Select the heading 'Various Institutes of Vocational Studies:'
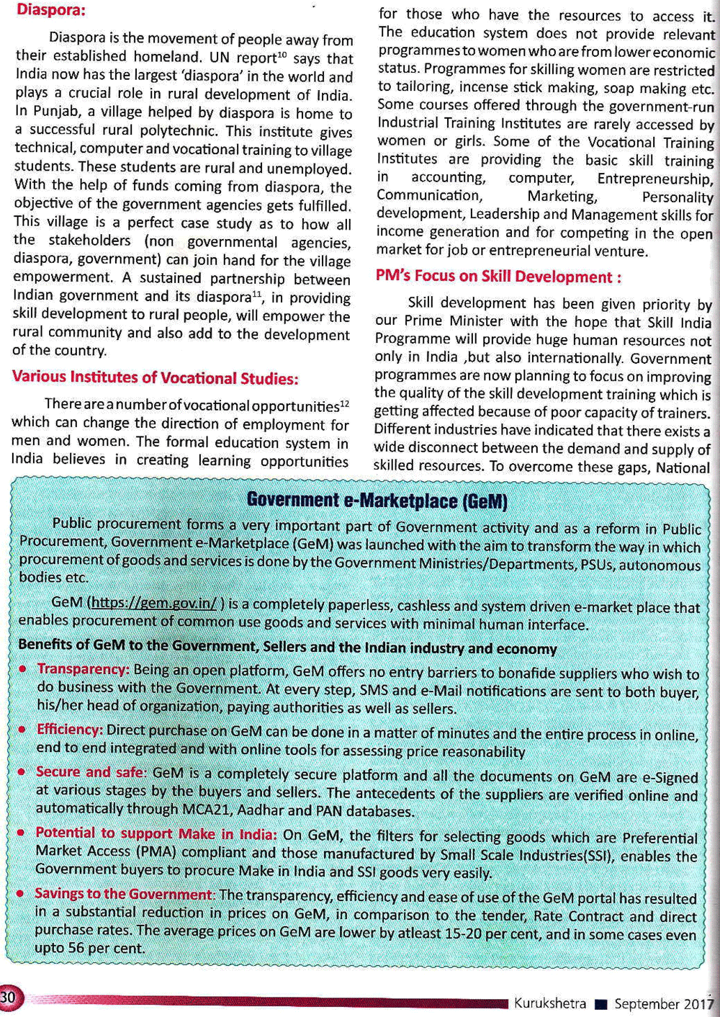pyautogui.click(x=155, y=377)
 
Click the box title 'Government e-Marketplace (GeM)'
pyautogui.click(x=377, y=500)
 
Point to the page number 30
pyautogui.click(x=9, y=998)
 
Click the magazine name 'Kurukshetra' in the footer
pyautogui.click(x=550, y=1003)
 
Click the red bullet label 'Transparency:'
pyautogui.click(x=84, y=669)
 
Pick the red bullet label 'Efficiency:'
pyautogui.click(x=70, y=730)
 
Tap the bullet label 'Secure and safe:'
pyautogui.click(x=91, y=772)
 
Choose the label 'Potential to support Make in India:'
pyautogui.click(x=156, y=833)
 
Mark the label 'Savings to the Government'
pyautogui.click(x=123, y=894)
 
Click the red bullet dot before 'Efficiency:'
pyautogui.click(x=22, y=730)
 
